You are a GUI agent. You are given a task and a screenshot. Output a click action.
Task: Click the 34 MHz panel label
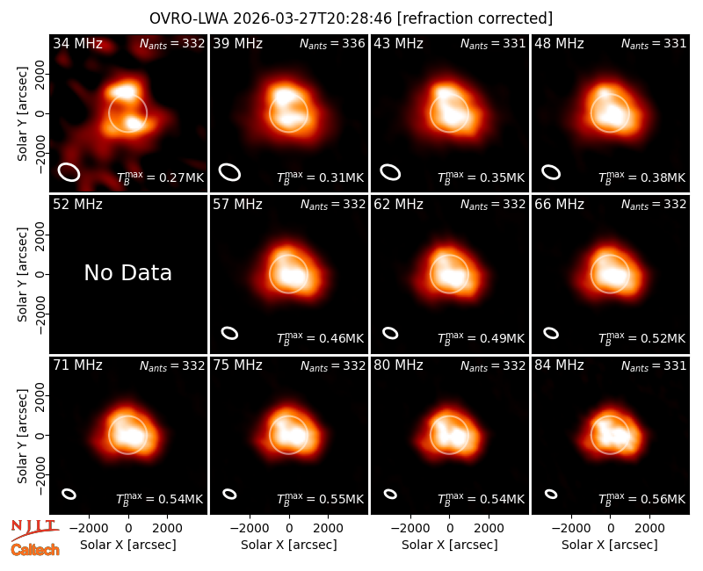pyautogui.click(x=77, y=43)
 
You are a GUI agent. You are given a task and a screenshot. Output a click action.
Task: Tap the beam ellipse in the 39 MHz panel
pyautogui.click(x=229, y=172)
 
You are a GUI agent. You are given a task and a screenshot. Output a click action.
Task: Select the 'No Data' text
pyautogui.click(x=127, y=272)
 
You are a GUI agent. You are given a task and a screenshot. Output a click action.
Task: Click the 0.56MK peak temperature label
pyautogui.click(x=641, y=498)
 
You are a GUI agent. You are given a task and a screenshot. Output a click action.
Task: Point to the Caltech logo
pyautogui.click(x=35, y=550)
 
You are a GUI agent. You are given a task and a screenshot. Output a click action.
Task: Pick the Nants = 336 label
pyautogui.click(x=332, y=43)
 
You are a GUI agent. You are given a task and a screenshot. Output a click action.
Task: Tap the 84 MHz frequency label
pyautogui.click(x=559, y=365)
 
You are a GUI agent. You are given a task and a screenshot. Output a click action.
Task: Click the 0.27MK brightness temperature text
pyautogui.click(x=160, y=177)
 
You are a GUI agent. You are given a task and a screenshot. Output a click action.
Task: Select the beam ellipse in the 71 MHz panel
pyautogui.click(x=69, y=494)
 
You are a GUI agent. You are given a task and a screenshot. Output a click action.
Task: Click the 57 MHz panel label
pyautogui.click(x=237, y=205)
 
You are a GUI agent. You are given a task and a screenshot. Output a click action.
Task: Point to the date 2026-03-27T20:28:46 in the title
pyautogui.click(x=313, y=18)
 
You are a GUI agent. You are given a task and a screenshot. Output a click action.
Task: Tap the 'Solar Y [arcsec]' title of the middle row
pyautogui.click(x=22, y=274)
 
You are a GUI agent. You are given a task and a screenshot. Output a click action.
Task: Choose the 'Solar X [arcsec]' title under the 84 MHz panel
pyautogui.click(x=610, y=545)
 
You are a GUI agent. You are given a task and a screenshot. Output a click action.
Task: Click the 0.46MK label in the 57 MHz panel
pyautogui.click(x=320, y=337)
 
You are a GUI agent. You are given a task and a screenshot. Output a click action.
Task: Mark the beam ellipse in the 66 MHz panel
pyautogui.click(x=551, y=333)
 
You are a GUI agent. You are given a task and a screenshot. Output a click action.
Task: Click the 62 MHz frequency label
pyautogui.click(x=398, y=205)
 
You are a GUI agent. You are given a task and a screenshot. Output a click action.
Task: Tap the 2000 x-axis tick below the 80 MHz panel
pyautogui.click(x=489, y=529)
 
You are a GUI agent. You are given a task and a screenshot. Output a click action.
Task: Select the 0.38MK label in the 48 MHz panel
pyautogui.click(x=641, y=177)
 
